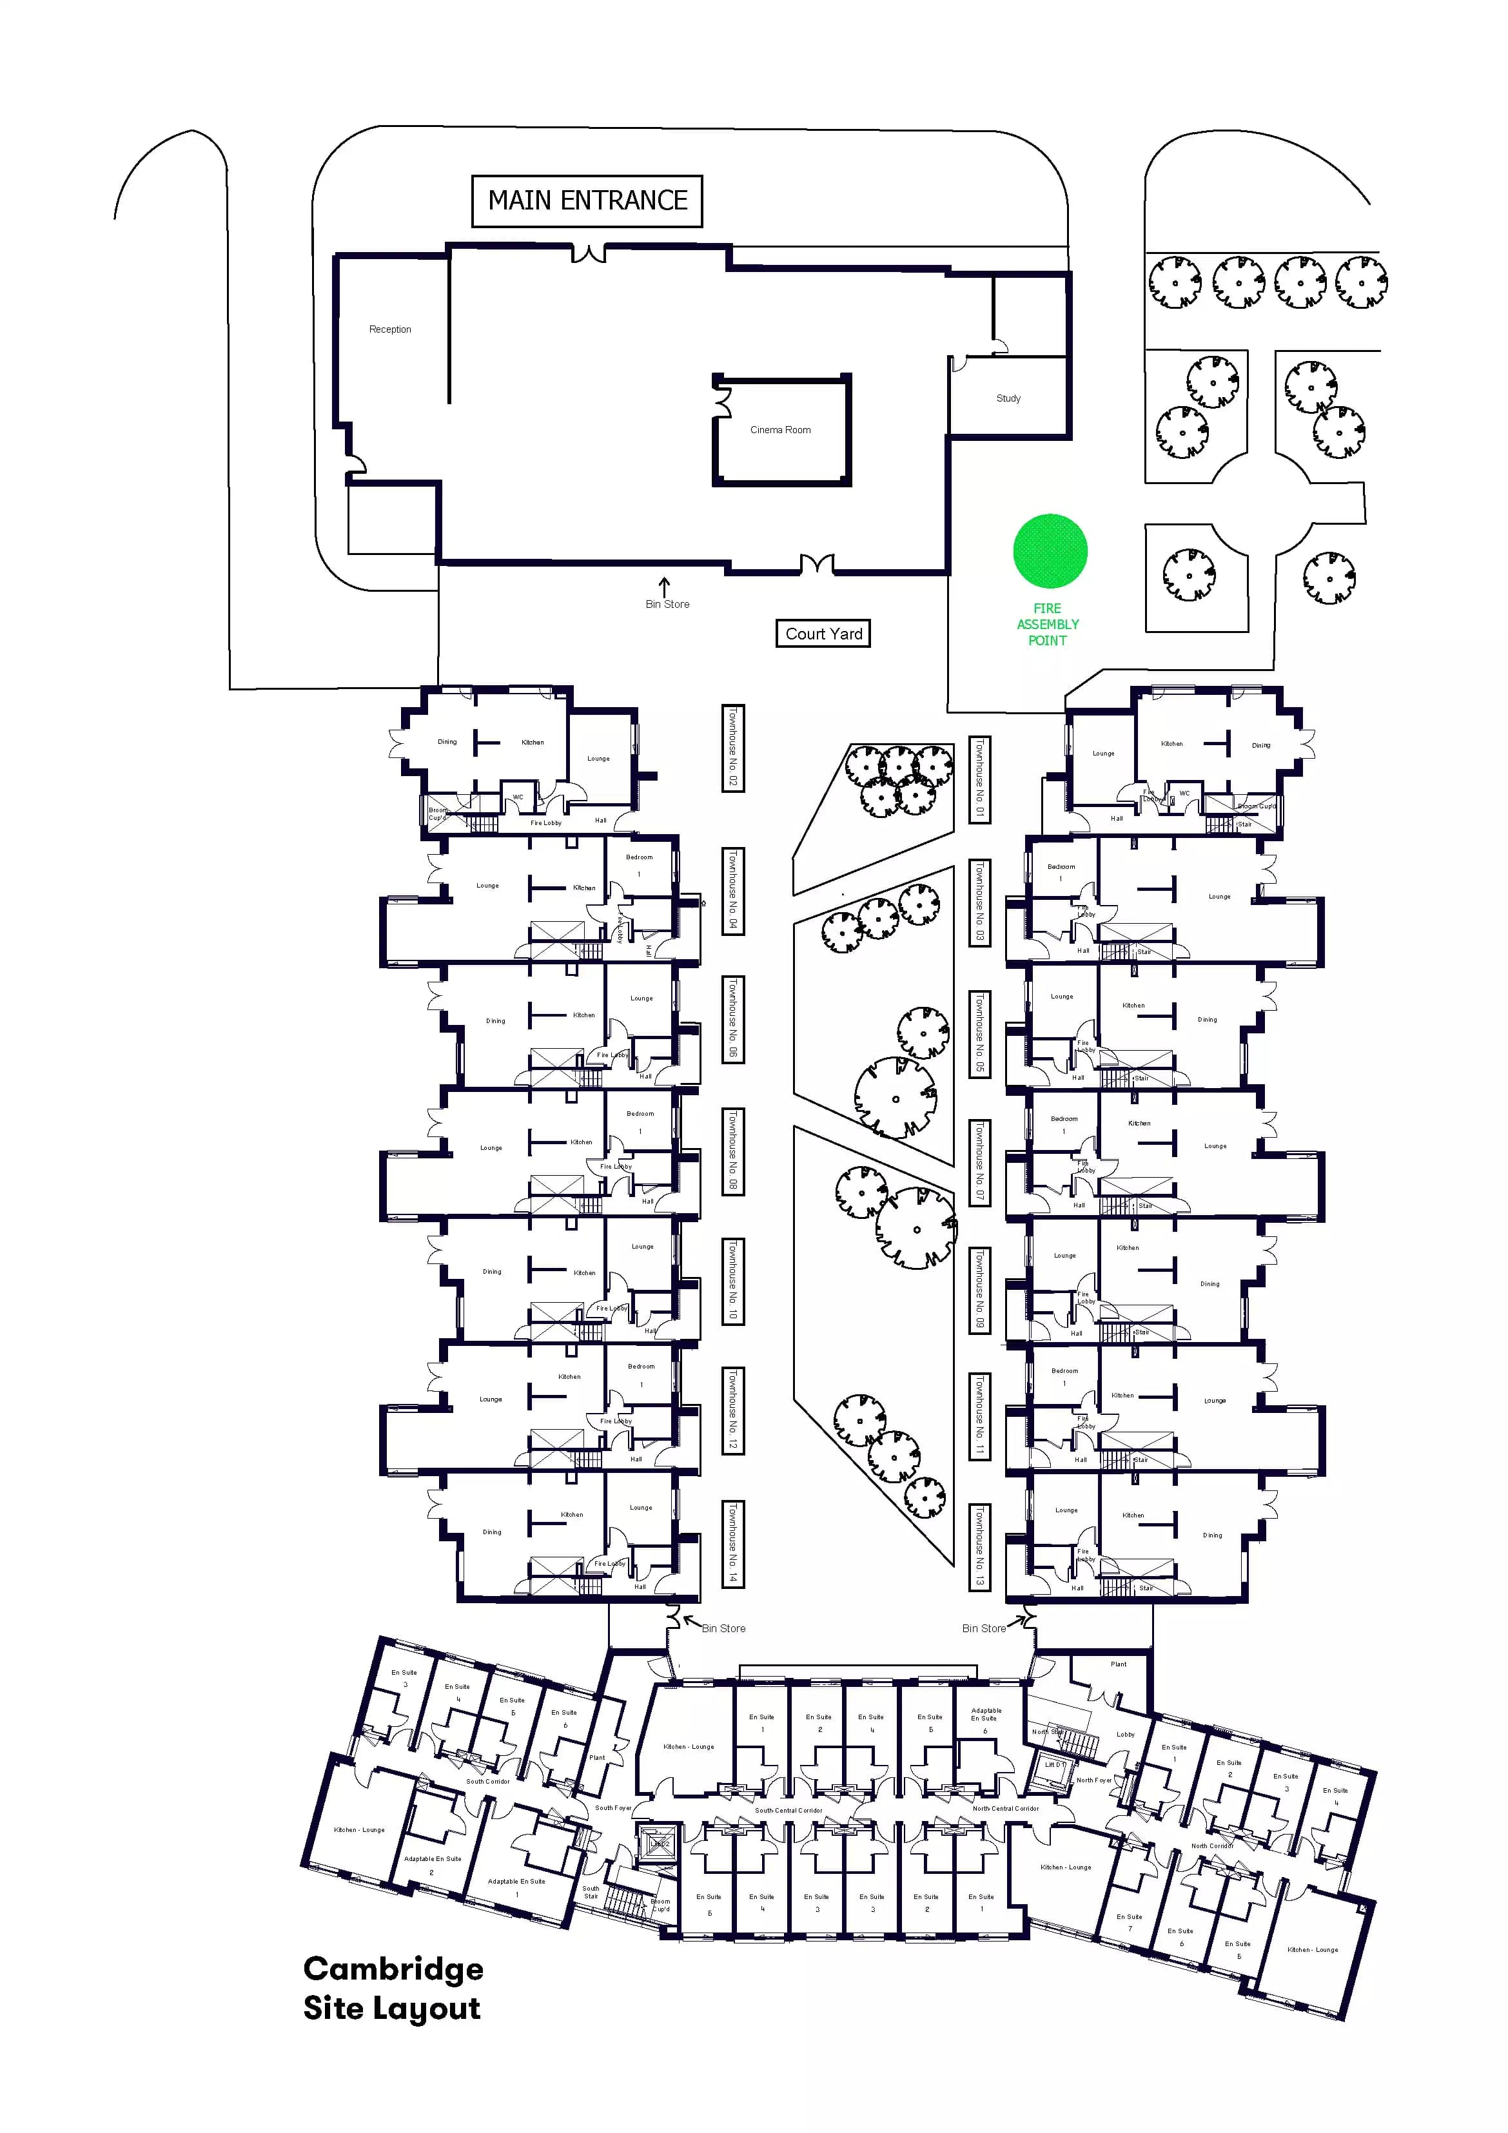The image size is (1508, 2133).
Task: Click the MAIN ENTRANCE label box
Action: (587, 200)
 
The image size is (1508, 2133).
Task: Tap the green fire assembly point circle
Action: (1050, 551)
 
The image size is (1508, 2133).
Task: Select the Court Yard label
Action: (823, 634)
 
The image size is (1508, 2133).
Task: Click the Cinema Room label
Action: (781, 430)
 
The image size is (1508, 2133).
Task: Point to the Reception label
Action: (389, 330)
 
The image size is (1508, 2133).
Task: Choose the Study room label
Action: (1008, 398)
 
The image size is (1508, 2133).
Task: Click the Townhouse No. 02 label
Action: (733, 748)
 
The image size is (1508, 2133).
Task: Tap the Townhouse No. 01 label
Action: (979, 779)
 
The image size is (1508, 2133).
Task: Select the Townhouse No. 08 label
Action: (733, 1150)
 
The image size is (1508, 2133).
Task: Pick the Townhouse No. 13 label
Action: (979, 1546)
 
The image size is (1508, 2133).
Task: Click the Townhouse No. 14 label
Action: (733, 1543)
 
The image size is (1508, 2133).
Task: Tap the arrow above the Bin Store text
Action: (664, 586)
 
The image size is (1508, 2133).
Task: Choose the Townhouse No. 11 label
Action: (979, 1416)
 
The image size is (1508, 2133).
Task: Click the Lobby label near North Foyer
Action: (1125, 1735)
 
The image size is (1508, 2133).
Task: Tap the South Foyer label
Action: (612, 1808)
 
